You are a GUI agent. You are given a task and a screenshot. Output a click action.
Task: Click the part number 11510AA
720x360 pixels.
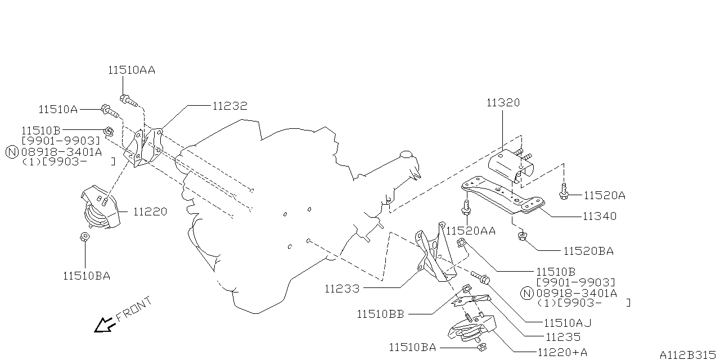tap(131, 70)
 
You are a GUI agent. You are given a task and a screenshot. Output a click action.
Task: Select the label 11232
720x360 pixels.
tap(229, 105)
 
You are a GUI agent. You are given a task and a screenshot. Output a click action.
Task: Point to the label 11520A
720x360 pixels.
tap(604, 195)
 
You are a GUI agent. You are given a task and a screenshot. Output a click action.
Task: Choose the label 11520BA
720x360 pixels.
tap(588, 251)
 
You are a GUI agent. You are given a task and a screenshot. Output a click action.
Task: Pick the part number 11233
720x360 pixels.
tap(341, 289)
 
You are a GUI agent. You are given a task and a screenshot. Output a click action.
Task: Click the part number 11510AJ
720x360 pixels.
tap(568, 323)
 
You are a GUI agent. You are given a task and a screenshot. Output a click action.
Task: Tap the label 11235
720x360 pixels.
tap(563, 337)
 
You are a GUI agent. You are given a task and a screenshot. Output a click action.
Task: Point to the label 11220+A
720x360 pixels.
tap(562, 352)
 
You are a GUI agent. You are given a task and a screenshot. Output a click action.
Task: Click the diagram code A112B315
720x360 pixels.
tap(687, 355)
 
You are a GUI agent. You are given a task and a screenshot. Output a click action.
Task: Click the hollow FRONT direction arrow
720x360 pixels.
tap(104, 325)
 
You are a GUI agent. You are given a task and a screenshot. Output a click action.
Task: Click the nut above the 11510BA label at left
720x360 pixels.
tap(85, 237)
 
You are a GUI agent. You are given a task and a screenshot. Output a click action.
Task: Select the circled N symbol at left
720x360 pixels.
tap(12, 151)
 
